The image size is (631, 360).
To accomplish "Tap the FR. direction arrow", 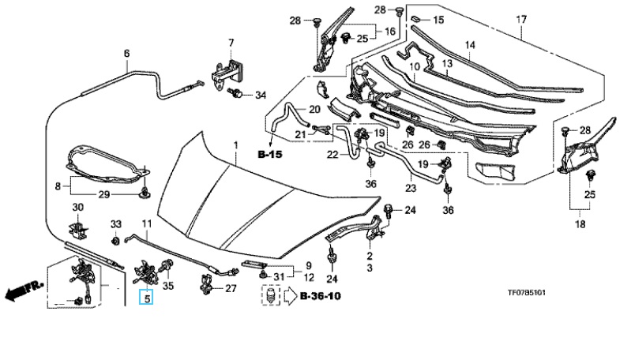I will point(22,294).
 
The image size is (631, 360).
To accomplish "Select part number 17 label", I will point(520,18).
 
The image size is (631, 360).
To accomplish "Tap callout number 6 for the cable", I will point(126,54).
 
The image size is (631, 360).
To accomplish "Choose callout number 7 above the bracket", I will point(231,42).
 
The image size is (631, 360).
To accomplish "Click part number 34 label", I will point(261,96).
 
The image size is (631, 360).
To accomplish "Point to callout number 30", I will point(77,207).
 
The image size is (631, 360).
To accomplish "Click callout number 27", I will point(231,288).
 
